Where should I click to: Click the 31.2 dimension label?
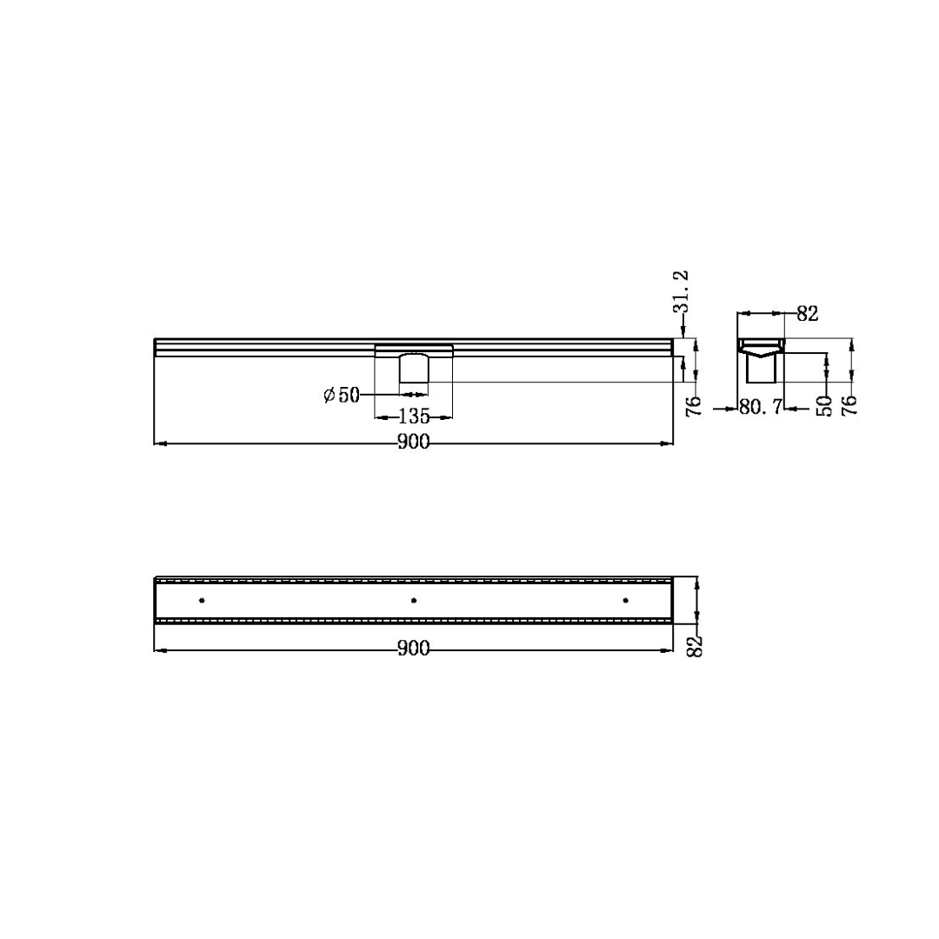[681, 291]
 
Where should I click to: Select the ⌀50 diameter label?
[342, 396]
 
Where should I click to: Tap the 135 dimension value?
[414, 416]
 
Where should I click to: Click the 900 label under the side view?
[414, 442]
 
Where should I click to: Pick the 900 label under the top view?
[414, 649]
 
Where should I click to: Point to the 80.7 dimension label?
[761, 408]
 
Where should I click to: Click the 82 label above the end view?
[807, 313]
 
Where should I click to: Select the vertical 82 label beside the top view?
[694, 646]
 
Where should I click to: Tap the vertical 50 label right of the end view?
[824, 406]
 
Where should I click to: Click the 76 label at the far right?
[849, 405]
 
